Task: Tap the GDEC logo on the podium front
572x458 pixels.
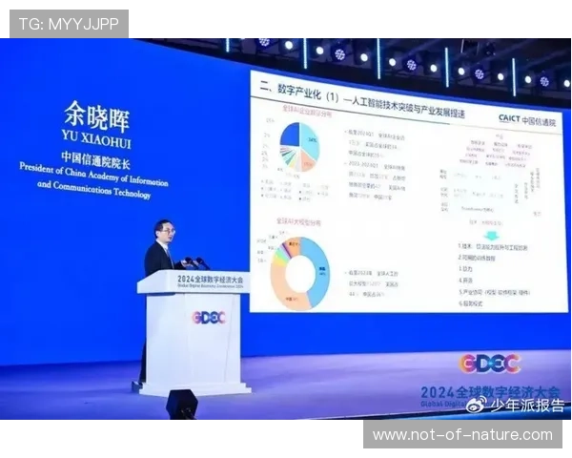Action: click(x=209, y=317)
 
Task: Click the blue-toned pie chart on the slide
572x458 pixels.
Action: click(x=301, y=145)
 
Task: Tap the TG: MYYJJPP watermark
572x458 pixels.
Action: click(x=69, y=23)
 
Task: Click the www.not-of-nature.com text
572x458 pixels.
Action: click(x=461, y=435)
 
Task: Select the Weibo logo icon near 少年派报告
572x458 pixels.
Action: click(x=477, y=405)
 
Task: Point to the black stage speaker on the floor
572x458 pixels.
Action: click(x=181, y=404)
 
